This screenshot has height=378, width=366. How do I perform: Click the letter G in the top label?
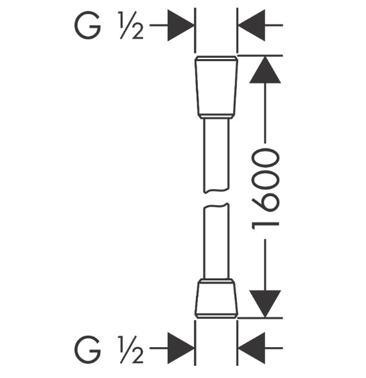point(87,25)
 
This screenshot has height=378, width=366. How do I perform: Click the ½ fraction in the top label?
point(131,26)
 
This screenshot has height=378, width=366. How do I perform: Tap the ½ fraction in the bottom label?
point(131,349)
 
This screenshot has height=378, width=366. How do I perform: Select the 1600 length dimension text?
point(265,190)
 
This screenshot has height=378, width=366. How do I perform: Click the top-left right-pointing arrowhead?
point(180,25)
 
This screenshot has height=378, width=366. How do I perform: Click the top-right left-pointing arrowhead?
point(252,25)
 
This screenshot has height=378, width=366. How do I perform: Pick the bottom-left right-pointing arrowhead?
point(180,348)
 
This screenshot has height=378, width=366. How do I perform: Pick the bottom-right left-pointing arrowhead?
point(252,348)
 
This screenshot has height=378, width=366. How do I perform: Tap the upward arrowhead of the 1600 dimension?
point(265,69)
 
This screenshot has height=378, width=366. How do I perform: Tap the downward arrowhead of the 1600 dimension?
point(265,303)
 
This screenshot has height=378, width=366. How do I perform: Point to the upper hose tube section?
point(216,156)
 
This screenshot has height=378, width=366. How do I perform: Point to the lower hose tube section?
point(216,241)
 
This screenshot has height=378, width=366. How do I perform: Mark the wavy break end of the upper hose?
point(216,190)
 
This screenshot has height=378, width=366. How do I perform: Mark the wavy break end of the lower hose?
point(216,206)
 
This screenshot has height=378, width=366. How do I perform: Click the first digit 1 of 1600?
point(265,224)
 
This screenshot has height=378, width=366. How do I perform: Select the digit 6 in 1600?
point(265,203)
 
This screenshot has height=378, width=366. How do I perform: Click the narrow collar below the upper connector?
point(216,116)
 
